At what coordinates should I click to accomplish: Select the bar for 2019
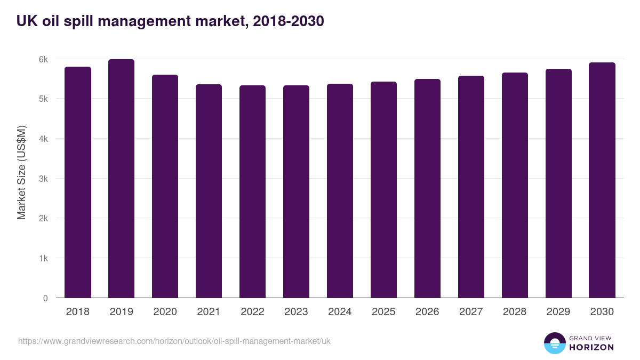121,179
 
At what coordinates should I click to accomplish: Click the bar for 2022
252,191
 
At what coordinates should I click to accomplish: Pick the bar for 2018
77,182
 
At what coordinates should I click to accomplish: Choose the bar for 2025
383,190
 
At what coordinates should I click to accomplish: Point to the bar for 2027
471,187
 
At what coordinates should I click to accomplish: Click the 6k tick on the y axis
44,59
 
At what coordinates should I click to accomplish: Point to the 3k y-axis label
44,179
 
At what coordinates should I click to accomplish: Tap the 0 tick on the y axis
45,298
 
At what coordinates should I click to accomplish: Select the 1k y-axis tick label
44,258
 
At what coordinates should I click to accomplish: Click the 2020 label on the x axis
165,312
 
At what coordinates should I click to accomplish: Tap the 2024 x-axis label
340,312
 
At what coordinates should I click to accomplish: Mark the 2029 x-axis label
558,312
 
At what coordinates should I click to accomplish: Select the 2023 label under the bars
296,312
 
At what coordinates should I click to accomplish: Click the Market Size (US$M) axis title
21,172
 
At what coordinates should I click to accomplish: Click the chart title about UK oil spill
170,21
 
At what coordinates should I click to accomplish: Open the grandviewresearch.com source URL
174,341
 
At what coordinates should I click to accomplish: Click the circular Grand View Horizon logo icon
554,343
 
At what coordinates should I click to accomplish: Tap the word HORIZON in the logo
591,347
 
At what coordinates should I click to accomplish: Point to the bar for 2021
209,191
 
